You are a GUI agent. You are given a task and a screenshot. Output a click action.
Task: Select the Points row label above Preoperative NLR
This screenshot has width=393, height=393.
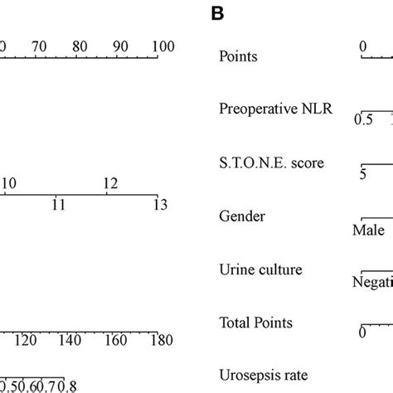click(237, 56)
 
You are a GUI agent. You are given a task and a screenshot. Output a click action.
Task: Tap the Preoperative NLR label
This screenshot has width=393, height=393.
click(276, 109)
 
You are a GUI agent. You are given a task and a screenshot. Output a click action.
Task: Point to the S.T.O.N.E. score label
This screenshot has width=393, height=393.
click(271, 163)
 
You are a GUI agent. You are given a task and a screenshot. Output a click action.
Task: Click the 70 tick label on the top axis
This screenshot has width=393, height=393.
click(38, 47)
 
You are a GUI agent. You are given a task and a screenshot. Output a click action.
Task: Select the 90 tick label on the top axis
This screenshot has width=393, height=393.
click(119, 47)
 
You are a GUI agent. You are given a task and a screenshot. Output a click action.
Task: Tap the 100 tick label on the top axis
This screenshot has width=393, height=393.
click(163, 47)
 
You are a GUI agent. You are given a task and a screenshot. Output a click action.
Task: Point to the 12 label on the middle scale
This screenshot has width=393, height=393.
click(109, 182)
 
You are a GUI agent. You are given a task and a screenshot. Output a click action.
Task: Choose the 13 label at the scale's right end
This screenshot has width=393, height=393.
click(158, 204)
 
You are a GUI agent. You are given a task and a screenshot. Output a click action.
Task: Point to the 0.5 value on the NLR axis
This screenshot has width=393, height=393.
click(363, 120)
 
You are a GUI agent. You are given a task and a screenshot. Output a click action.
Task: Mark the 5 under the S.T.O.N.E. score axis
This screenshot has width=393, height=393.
click(362, 175)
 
